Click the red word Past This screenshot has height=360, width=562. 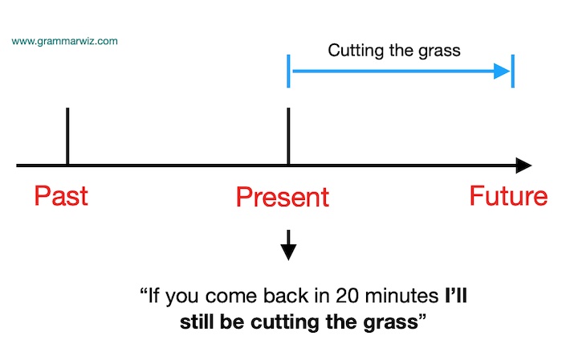(x=60, y=196)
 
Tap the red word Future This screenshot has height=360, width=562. (x=508, y=196)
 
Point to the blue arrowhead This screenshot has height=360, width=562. (x=503, y=71)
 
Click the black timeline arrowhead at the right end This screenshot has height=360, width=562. (x=523, y=166)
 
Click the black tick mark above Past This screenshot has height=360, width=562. (x=67, y=135)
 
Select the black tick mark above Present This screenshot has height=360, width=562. (x=288, y=135)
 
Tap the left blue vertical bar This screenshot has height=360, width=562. (x=288, y=71)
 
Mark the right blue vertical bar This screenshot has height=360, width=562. (x=512, y=71)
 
